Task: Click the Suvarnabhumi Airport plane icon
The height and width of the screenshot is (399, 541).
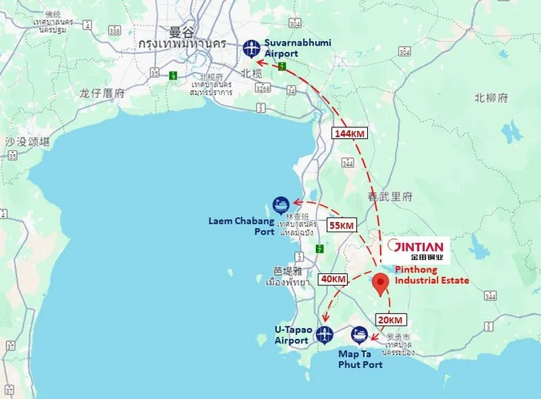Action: point(251,48)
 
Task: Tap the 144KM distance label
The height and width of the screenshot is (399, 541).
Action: point(349,134)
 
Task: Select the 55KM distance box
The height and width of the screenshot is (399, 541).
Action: point(341,225)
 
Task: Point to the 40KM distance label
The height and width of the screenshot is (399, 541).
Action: point(333,279)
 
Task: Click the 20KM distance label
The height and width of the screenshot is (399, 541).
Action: point(390,320)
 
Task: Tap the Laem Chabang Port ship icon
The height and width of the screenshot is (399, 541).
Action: point(281,205)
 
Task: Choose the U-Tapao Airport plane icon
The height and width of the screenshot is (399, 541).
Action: point(325,334)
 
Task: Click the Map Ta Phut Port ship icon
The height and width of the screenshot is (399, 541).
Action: point(359,335)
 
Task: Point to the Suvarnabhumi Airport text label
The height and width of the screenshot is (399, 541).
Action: point(298,47)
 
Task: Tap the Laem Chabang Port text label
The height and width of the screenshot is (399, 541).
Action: point(241,225)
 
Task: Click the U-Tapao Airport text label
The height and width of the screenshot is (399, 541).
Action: point(291,335)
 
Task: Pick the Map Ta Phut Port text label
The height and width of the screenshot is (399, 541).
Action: point(360,359)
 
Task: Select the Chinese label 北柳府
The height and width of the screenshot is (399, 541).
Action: point(492,98)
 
